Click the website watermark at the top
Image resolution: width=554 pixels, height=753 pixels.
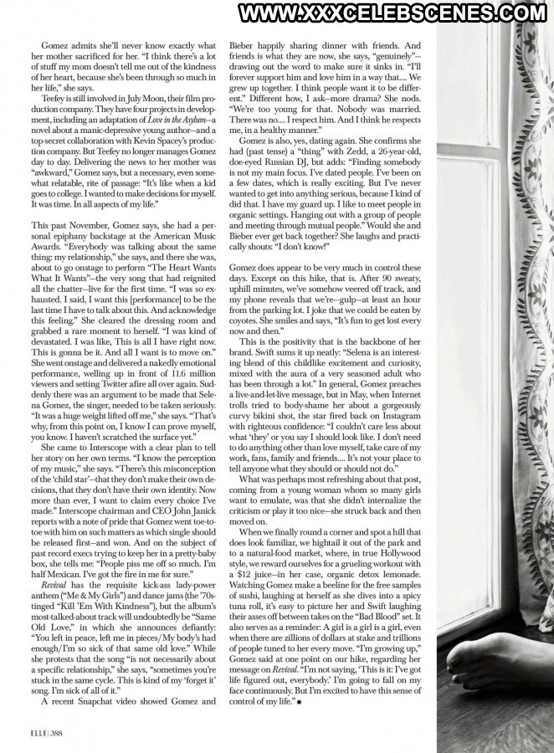coord(392,13)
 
